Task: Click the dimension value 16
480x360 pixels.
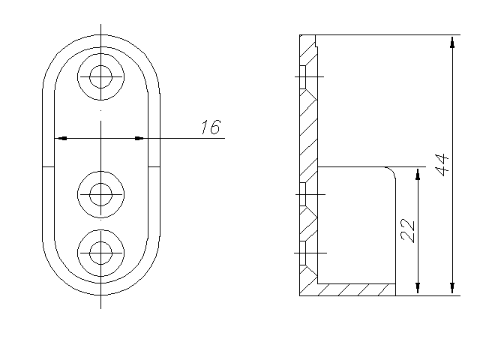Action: pos(211,127)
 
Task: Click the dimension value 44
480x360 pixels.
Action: pos(442,165)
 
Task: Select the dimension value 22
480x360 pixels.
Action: pos(407,230)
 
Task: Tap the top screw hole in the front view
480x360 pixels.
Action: pos(100,76)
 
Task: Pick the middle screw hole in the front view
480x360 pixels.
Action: pos(100,194)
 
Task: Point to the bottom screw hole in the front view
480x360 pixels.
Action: pos(100,253)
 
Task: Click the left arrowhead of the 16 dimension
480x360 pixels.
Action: pos(62,138)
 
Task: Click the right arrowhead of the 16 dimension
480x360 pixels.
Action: pos(139,138)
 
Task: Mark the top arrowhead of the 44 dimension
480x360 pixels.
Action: pos(452,43)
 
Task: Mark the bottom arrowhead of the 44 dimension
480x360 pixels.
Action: pos(452,288)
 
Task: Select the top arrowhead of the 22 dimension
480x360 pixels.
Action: pos(418,174)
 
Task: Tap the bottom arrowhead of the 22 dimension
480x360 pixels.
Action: pos(418,288)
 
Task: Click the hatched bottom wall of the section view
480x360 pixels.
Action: pos(357,290)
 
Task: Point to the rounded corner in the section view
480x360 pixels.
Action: pos(391,172)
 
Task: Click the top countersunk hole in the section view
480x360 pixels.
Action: pos(308,76)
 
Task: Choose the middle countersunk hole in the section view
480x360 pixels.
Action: pos(308,195)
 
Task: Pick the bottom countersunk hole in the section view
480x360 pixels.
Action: pos(308,253)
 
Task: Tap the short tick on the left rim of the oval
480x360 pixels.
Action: pos(48,167)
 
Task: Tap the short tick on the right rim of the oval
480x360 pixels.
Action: pos(154,167)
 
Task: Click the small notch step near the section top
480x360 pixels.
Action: pos(316,45)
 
